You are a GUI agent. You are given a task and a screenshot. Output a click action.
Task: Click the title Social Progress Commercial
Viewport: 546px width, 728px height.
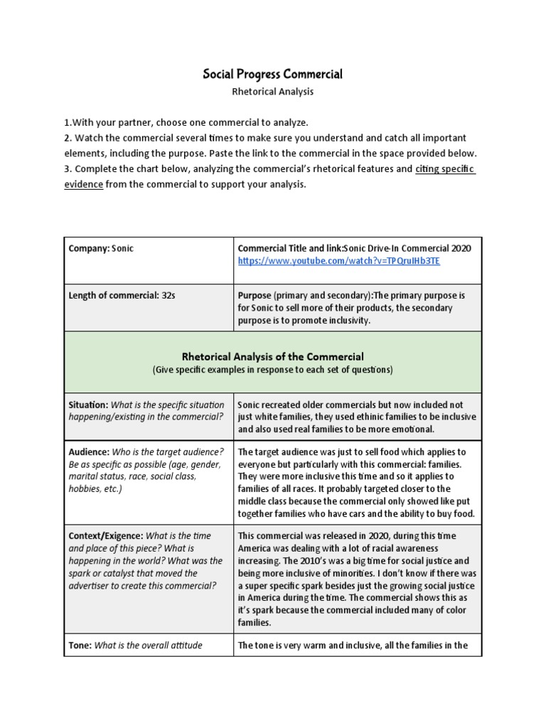273,74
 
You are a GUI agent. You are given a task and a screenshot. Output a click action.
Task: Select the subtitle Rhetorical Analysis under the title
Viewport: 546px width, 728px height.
273,92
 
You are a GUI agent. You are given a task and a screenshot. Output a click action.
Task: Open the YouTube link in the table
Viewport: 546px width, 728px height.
338,261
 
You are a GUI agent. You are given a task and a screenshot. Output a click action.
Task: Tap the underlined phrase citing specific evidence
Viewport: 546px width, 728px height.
445,168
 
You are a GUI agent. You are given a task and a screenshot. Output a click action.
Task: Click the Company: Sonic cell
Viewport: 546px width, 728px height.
101,248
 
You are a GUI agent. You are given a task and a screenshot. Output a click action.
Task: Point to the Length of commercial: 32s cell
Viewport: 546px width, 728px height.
122,295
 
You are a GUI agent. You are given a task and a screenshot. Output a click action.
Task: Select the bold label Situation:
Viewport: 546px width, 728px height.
88,405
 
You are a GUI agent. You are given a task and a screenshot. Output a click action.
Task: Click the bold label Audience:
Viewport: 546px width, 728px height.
88,451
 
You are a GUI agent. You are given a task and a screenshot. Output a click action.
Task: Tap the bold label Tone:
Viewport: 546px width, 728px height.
80,645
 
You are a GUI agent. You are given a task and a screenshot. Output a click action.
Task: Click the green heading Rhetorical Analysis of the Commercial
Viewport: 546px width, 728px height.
273,357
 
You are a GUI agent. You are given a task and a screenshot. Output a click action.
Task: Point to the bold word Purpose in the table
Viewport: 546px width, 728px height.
255,295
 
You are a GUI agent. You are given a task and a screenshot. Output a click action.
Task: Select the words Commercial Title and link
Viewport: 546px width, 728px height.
289,248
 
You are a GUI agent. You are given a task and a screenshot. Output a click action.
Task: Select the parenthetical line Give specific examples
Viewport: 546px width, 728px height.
273,370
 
